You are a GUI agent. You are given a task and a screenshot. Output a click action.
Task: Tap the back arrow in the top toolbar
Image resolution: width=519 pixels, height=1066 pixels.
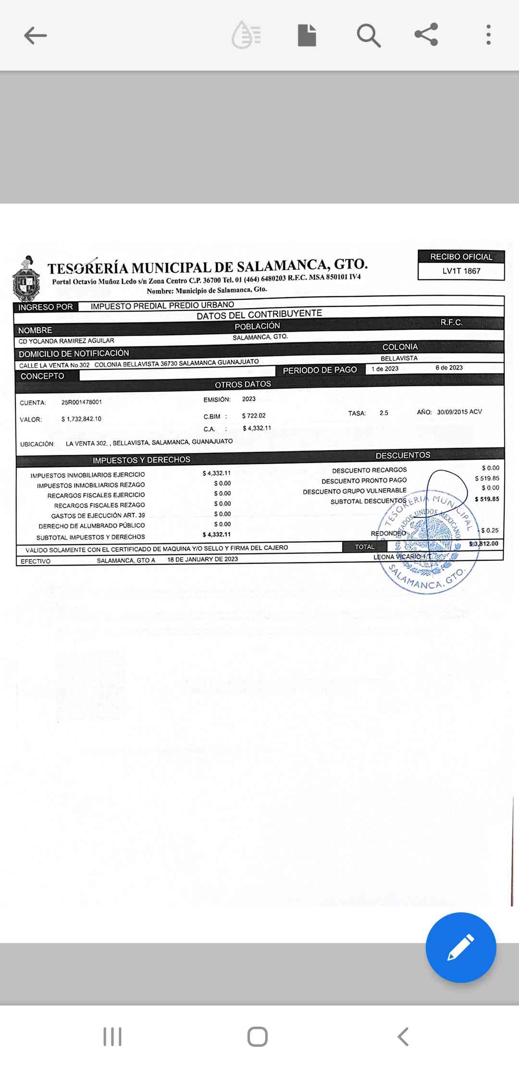tap(36, 35)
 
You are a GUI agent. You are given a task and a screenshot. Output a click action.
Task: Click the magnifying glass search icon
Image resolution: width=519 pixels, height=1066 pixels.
tap(369, 36)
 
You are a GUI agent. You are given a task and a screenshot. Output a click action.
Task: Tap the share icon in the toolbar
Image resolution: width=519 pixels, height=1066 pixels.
tap(426, 35)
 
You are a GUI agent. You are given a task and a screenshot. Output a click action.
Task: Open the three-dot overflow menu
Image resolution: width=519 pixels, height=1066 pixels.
tap(488, 35)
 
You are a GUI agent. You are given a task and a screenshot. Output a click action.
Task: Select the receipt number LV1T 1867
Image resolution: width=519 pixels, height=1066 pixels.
tap(461, 271)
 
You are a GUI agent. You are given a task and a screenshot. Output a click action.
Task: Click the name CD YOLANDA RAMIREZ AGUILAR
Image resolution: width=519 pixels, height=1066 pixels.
tap(66, 341)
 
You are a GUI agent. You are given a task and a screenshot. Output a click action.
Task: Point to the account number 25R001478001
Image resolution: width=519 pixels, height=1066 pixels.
tap(82, 402)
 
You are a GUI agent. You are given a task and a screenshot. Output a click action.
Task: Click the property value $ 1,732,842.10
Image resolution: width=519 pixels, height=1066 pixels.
tap(81, 419)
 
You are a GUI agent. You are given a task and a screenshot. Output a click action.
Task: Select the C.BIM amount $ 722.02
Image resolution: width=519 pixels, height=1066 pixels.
tap(254, 416)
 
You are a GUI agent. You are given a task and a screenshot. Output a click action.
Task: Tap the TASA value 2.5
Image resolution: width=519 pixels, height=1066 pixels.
tap(383, 413)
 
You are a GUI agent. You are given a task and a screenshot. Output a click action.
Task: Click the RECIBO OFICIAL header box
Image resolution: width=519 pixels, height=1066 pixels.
tap(461, 257)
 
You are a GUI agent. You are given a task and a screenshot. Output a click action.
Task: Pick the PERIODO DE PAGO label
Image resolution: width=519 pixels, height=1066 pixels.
tap(320, 370)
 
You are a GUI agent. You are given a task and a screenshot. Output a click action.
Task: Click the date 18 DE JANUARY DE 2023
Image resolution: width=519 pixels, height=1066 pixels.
tap(202, 559)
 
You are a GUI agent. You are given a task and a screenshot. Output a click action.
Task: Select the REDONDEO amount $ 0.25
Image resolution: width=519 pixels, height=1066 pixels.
tap(490, 531)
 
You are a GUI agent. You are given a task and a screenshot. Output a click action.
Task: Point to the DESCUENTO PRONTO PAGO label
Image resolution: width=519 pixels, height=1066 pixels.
tap(364, 481)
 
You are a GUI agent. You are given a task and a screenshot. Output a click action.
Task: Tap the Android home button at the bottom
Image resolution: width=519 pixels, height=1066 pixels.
tap(258, 1037)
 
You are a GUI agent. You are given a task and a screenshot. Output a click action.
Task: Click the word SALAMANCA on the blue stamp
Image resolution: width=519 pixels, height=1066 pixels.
tap(414, 580)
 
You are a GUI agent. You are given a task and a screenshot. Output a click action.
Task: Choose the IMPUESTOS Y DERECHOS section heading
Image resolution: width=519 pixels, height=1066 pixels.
tap(141, 460)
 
